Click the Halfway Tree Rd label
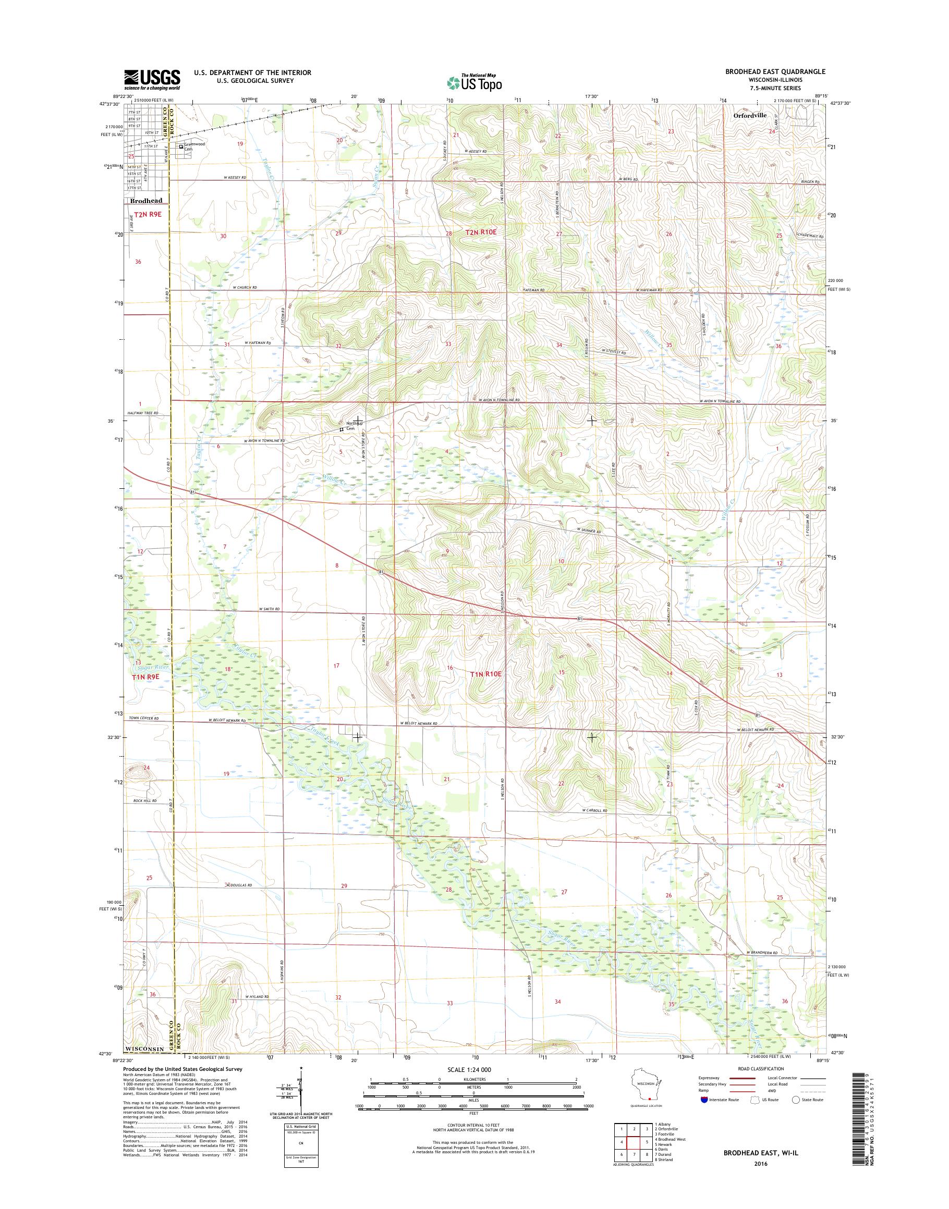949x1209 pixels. pyautogui.click(x=143, y=413)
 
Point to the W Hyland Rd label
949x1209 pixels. pyautogui.click(x=256, y=997)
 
